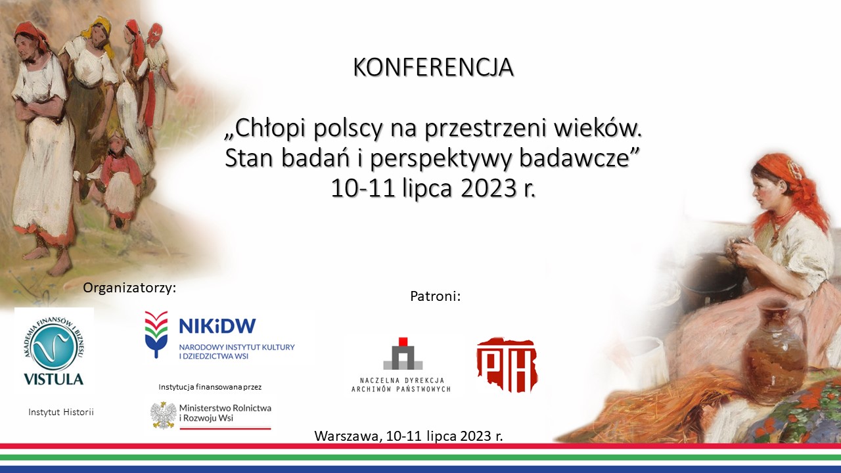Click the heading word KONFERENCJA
pos(433,67)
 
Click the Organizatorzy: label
pos(129,288)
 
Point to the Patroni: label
pos(435,296)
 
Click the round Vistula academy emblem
pos(54,348)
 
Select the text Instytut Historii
pos(61,412)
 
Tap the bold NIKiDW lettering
pos(217,327)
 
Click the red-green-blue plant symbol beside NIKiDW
pos(156,334)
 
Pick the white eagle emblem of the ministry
pos(164,415)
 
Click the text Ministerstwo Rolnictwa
pos(225,408)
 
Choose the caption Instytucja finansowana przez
pos(210,387)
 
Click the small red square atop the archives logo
pos(403,342)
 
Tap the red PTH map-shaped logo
pos(507,365)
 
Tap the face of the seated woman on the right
pos(762,190)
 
